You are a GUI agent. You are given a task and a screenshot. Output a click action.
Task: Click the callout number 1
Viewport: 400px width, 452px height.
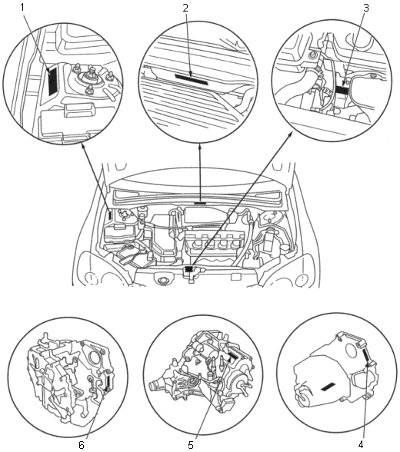click(23, 7)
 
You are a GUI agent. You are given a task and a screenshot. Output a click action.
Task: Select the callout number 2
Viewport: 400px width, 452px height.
click(185, 8)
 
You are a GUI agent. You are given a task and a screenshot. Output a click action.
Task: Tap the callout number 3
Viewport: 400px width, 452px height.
click(366, 8)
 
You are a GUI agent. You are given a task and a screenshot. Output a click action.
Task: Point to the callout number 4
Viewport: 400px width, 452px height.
click(361, 445)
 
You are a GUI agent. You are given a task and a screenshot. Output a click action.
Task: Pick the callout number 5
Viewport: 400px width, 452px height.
click(191, 445)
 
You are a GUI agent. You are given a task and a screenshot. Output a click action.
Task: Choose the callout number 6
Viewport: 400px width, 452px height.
click(82, 445)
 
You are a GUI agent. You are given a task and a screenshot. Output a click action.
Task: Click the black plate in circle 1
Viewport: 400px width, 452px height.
click(53, 81)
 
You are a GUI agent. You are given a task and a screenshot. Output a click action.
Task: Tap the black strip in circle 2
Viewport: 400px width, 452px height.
click(192, 79)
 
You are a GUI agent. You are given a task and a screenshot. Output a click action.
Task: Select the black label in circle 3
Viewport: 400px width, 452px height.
click(342, 91)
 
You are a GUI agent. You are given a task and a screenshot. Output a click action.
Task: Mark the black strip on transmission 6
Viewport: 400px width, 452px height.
click(108, 381)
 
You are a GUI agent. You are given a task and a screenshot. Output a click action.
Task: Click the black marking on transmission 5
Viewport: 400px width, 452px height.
click(232, 357)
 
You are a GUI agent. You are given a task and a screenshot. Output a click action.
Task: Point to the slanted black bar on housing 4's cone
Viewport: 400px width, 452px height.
click(328, 387)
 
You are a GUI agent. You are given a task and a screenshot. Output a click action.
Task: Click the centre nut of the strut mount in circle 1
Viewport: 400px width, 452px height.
click(88, 75)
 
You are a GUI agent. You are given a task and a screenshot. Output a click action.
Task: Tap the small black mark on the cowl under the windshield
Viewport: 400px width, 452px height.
click(200, 203)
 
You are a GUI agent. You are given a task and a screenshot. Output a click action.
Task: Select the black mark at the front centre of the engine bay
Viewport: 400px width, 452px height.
click(189, 269)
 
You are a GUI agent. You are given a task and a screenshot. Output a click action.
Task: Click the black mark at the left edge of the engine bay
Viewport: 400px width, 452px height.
click(110, 215)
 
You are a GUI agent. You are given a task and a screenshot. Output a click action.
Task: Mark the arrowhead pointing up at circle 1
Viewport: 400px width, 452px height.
click(84, 147)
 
